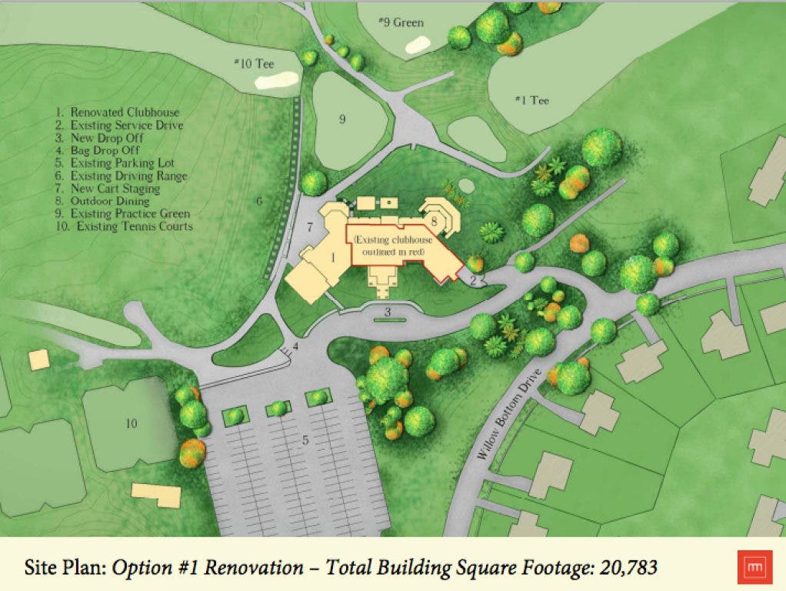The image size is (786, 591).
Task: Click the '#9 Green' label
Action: pos(401,23)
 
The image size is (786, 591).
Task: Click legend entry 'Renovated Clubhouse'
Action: pos(124,113)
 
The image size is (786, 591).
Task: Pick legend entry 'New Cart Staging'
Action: pos(118,188)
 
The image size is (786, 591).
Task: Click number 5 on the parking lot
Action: pos(305,441)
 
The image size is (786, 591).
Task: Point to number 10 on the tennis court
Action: pos(131,423)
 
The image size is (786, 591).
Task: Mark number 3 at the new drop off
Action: pos(388,312)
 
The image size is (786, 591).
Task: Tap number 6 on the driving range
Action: pos(259,202)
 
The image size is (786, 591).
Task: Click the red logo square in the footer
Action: pos(751,567)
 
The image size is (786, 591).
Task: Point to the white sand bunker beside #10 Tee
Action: pos(277,80)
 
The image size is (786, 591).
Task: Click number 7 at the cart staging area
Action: pos(309,227)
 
